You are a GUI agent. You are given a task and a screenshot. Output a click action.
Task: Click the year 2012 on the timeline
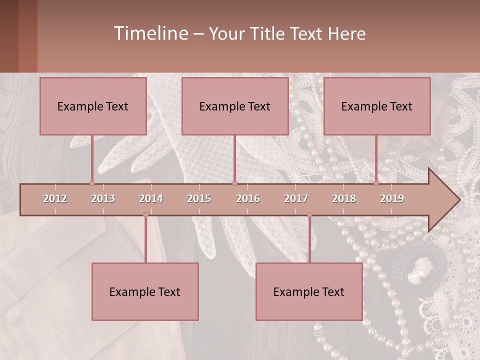[x=55, y=198]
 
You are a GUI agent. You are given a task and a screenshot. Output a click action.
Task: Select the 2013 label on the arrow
[x=103, y=198]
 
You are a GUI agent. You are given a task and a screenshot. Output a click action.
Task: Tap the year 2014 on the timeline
[x=151, y=198]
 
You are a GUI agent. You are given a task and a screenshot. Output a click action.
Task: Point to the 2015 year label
[x=199, y=198]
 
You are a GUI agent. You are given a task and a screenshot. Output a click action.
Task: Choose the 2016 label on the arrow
[x=248, y=198]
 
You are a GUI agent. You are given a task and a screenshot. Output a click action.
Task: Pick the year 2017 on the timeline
[x=296, y=198]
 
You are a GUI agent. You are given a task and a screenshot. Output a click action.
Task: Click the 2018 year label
[x=344, y=198]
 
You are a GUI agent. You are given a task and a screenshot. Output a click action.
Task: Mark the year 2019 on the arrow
[x=392, y=198]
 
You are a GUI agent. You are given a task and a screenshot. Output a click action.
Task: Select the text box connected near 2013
[x=93, y=106]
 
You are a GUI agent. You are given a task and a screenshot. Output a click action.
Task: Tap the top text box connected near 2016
[x=235, y=106]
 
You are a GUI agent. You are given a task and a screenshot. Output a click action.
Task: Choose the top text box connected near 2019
[x=377, y=106]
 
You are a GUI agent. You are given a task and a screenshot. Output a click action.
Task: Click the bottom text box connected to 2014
[x=145, y=291]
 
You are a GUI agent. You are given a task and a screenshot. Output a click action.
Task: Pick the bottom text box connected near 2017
[x=309, y=291]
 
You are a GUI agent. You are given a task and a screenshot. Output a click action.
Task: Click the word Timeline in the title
[x=150, y=33]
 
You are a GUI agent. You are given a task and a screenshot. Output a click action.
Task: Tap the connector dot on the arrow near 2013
[x=92, y=183]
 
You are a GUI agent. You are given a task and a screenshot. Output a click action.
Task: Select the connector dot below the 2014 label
[x=145, y=215]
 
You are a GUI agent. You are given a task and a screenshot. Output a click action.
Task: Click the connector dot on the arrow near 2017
[x=309, y=215]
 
